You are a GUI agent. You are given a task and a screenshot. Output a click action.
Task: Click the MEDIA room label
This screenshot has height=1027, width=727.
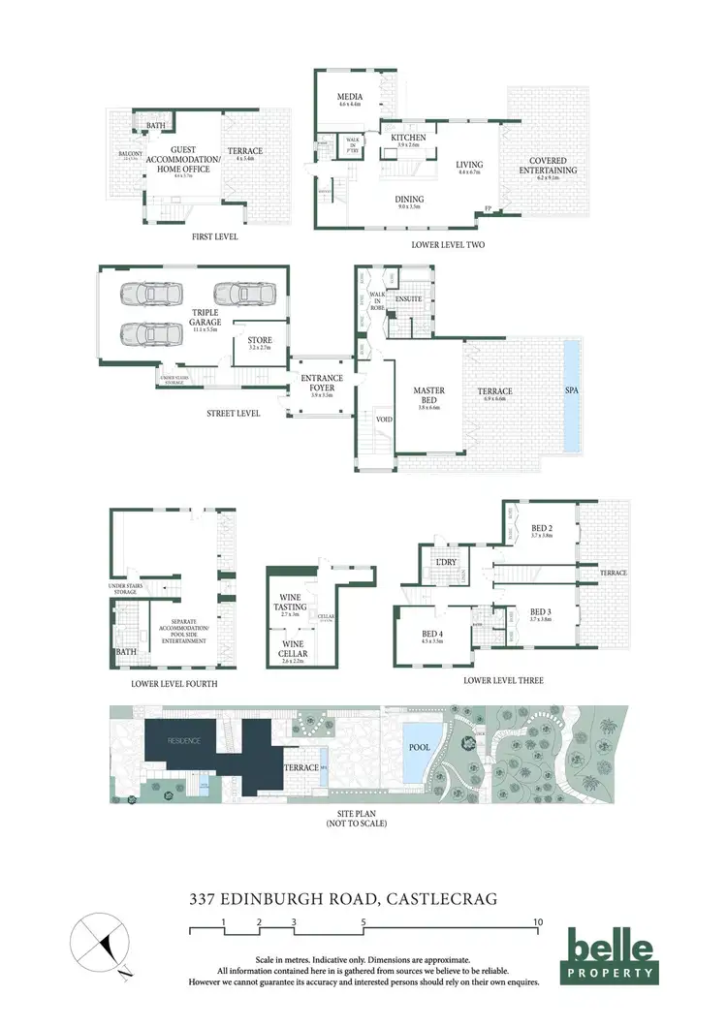pyautogui.click(x=349, y=99)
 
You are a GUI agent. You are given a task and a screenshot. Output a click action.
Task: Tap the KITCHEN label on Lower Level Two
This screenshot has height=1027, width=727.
pyautogui.click(x=408, y=139)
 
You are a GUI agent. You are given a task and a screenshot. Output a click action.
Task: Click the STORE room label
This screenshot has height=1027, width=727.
pyautogui.click(x=259, y=340)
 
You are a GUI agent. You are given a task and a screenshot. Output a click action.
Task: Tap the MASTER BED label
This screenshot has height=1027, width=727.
pyautogui.click(x=428, y=396)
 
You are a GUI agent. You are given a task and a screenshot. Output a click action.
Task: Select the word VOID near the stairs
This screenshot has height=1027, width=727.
pyautogui.click(x=384, y=420)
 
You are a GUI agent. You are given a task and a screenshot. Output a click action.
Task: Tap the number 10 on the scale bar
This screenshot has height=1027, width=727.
pyautogui.click(x=537, y=921)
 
